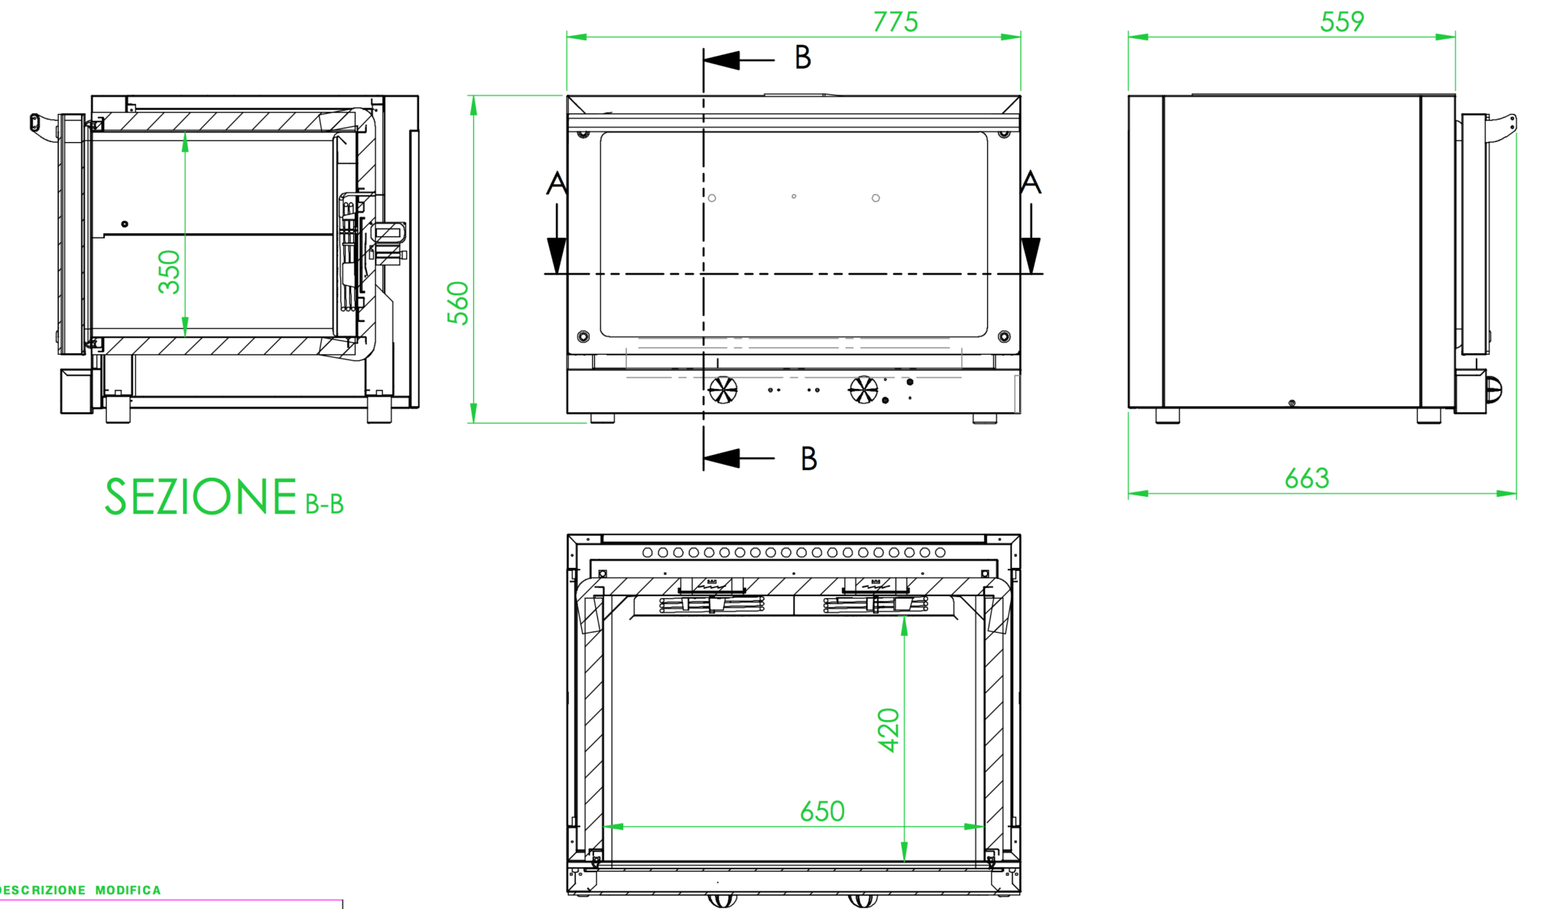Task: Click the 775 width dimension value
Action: tap(895, 22)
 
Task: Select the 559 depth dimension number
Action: tap(1341, 21)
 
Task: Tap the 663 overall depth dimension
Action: tap(1306, 479)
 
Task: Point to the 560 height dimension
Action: tap(458, 303)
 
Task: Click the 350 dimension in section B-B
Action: tap(169, 271)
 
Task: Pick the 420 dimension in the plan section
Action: tap(888, 730)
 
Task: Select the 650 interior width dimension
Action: tap(821, 811)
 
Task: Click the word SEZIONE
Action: tap(200, 497)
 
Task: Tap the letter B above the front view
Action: tap(802, 57)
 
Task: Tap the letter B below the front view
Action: tap(808, 459)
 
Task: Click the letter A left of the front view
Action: tap(556, 183)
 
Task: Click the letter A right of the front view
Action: tap(1030, 183)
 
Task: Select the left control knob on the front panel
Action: tap(722, 390)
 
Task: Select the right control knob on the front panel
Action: tap(863, 390)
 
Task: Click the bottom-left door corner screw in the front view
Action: tap(583, 336)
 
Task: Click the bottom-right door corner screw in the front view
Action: tap(1004, 336)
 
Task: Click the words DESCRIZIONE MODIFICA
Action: tap(80, 890)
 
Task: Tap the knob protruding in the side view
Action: tap(1493, 390)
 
